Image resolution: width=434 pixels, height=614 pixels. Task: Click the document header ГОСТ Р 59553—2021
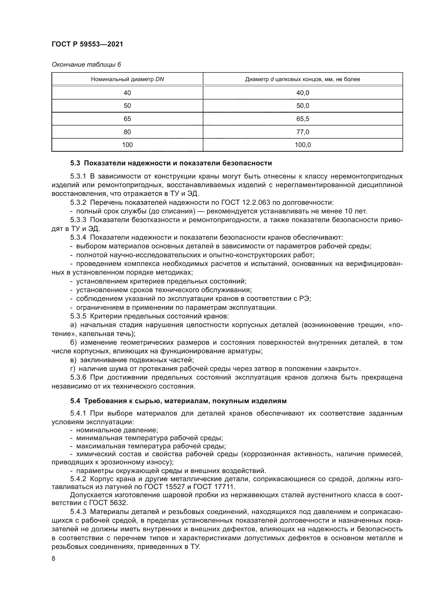(87, 44)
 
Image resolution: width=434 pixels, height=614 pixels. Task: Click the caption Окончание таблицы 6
(86, 65)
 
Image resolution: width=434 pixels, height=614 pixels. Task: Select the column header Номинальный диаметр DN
(127, 79)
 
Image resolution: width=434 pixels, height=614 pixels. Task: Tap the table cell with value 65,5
(303, 119)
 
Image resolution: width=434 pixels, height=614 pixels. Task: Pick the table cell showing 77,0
(303, 132)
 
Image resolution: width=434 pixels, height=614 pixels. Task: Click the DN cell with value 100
(127, 145)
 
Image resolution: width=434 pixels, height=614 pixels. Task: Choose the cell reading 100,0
(303, 145)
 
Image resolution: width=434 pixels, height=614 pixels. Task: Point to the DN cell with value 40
(127, 93)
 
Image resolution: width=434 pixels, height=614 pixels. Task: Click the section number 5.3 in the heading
(76, 163)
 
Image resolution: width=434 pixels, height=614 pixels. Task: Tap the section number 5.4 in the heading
(76, 401)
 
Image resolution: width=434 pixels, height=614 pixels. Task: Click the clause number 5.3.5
(78, 316)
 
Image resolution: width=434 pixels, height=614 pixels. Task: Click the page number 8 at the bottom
(54, 559)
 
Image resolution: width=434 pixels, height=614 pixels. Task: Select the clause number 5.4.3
(78, 512)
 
